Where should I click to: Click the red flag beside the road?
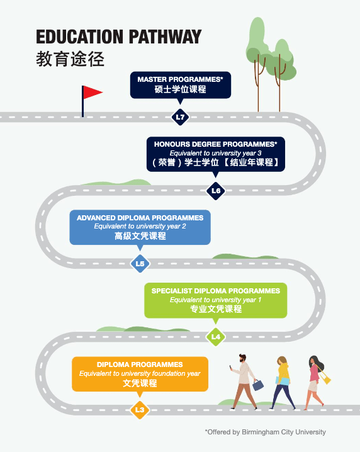coord(92,93)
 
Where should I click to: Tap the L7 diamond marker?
coord(180,117)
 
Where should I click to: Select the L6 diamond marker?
coord(216,191)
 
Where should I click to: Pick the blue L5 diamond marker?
coord(140,264)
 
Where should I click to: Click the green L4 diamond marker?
coord(216,337)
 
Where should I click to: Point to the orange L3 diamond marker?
coord(140,410)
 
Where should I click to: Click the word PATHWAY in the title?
coord(165,37)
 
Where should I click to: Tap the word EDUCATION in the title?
coord(79,37)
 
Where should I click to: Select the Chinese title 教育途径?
coord(70,59)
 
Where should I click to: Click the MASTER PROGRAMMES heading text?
coord(180,79)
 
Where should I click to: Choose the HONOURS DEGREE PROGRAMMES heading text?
coord(216,144)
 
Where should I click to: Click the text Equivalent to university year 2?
coord(140,226)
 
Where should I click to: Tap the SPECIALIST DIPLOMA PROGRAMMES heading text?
coord(216,291)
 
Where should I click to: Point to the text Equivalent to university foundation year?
coord(140,373)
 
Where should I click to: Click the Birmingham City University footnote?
coord(266,432)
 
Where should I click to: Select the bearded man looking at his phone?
coord(244,381)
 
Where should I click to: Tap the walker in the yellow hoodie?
coord(283,383)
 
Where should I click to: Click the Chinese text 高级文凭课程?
coord(140,236)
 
